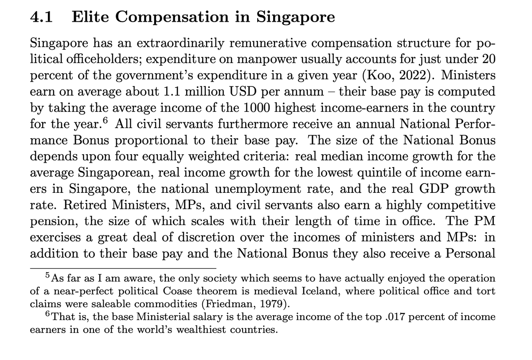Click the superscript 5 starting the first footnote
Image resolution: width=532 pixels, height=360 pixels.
(x=48, y=276)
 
